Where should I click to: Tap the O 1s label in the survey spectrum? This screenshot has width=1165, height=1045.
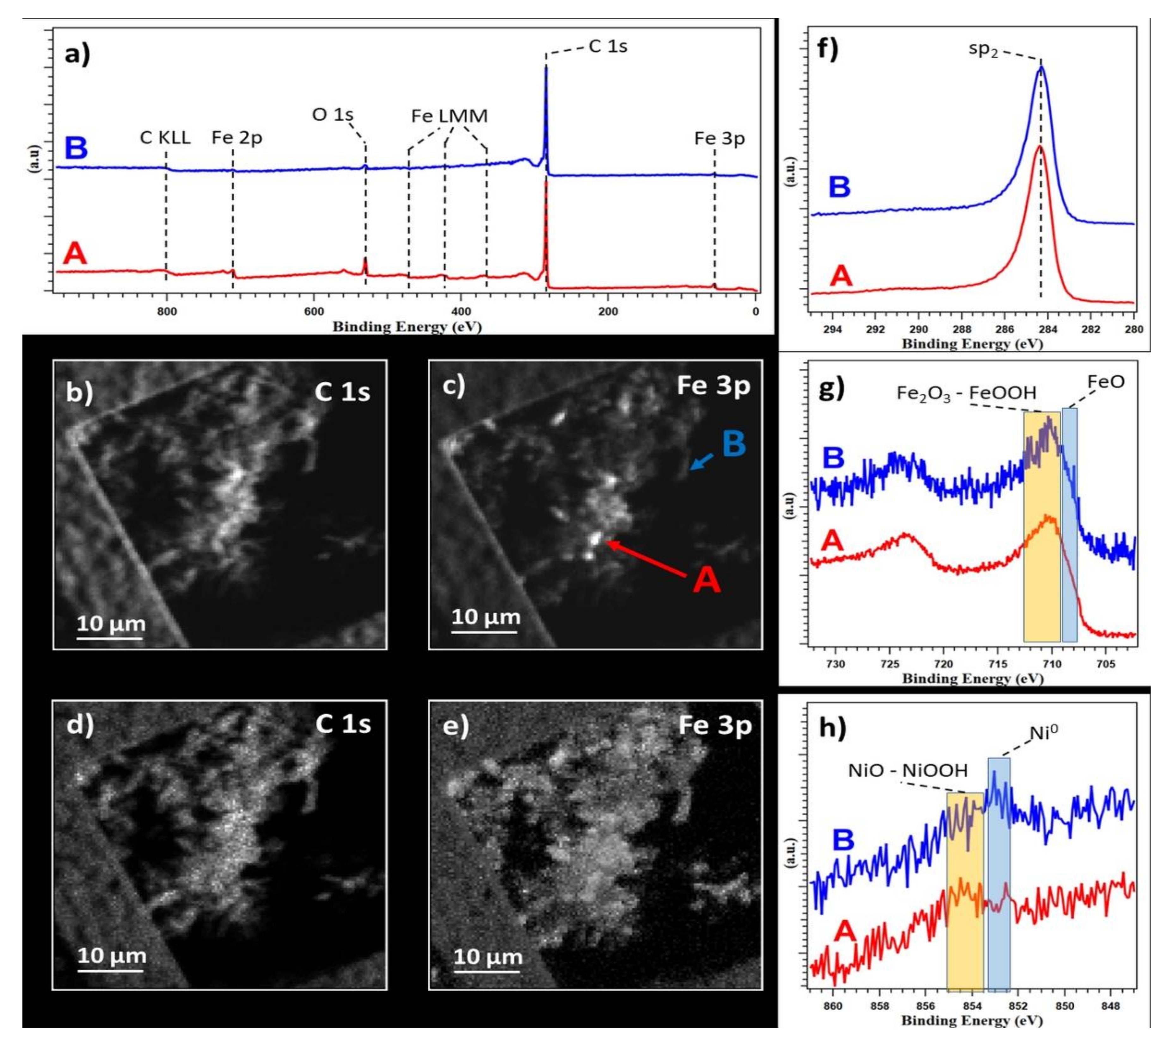(333, 115)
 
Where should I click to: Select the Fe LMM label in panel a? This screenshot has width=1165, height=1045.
(449, 117)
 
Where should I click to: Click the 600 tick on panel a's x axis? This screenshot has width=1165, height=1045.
(314, 312)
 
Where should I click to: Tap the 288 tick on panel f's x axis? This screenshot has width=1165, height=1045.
(962, 329)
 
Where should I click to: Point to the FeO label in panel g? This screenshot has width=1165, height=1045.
(1105, 382)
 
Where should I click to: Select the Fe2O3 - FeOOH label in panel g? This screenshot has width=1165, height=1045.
(966, 393)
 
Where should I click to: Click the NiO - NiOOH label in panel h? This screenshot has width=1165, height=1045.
(908, 771)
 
